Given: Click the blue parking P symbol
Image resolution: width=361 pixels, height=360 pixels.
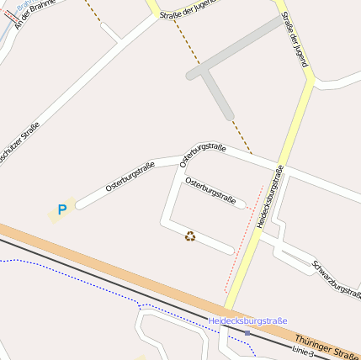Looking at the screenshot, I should point(61,209).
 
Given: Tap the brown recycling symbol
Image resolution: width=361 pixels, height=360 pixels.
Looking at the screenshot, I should point(190,236).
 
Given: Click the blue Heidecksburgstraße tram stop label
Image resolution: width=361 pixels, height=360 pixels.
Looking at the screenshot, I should point(247,320).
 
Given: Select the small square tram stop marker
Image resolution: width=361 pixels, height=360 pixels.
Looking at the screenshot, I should point(247,332).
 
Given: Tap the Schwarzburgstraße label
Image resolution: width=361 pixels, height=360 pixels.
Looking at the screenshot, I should point(336,279).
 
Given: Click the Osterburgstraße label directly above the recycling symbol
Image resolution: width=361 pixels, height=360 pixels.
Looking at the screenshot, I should point(209,190).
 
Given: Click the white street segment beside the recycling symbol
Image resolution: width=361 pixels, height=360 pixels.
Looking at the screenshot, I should point(215,244).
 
